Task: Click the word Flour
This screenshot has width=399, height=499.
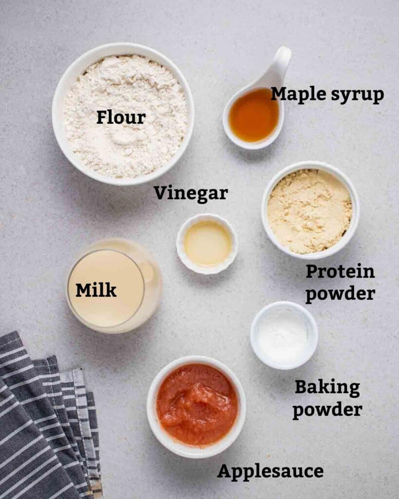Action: coord(120,117)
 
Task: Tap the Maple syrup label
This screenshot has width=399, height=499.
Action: coord(327,95)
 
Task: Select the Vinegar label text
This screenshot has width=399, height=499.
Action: coord(190,193)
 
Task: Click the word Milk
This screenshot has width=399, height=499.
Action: coord(95,290)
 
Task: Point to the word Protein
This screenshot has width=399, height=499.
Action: coord(340,272)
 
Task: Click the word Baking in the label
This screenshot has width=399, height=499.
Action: coord(327,388)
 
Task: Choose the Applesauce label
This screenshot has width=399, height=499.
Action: coord(270,471)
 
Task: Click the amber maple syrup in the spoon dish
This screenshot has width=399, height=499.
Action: coord(253,115)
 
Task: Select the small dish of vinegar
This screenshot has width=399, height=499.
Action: coord(207,243)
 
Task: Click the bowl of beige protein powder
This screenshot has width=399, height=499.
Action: coord(310,211)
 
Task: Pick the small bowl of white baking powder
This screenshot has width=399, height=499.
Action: coord(284,335)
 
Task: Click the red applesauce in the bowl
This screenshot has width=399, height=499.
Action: coord(196,405)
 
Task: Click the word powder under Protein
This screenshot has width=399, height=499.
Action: coord(340,294)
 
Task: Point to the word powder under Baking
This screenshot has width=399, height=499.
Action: coord(327,410)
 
